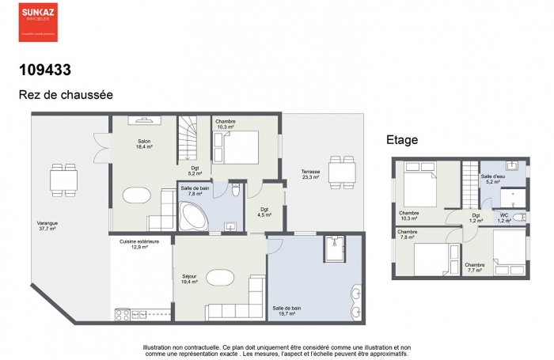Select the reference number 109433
click(45, 70)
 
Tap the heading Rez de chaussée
click(66, 94)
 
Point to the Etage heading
click(402, 140)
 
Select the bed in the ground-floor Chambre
click(237, 146)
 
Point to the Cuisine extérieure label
click(139, 242)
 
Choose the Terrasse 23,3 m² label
click(310, 174)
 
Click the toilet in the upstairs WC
click(517, 217)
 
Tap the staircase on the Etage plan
click(469, 179)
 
